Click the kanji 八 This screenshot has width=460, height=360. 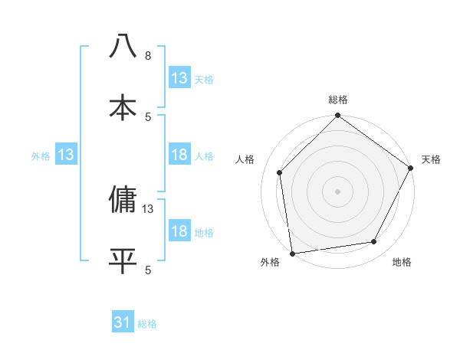pos(123,46)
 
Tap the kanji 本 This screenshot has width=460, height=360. pos(123,106)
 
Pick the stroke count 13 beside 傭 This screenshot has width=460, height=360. pos(149,208)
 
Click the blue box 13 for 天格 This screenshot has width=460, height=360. pos(179,78)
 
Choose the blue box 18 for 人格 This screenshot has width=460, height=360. pos(179,155)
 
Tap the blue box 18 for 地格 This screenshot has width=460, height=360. pos(179,231)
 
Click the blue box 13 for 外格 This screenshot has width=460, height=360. pos(65,155)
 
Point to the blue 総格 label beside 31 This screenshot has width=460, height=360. pos(147,324)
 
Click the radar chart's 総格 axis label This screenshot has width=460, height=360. pos(338,100)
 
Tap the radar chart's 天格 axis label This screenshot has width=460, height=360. pos(431,159)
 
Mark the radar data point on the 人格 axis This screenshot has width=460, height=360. pos(280,172)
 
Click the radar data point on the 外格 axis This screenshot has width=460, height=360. pos(292,253)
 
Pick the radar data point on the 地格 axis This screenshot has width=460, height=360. pos(374,241)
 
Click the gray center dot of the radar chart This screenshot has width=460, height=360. pos(338,191)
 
